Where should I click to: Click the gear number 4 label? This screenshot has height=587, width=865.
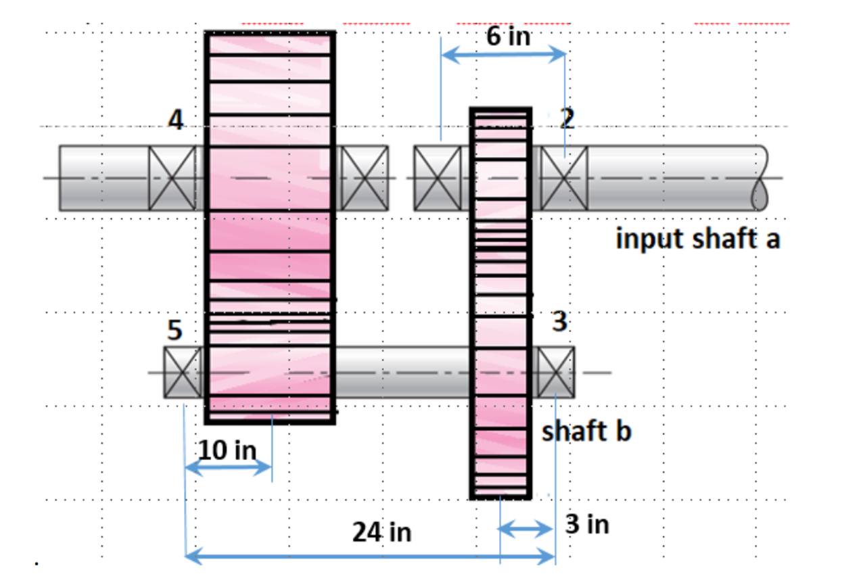tap(176, 121)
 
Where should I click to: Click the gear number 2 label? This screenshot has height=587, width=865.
tap(567, 119)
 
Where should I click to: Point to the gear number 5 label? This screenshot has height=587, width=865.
tap(175, 331)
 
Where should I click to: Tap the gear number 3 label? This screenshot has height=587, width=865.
tap(559, 322)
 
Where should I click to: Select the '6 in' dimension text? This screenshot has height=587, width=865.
tap(509, 36)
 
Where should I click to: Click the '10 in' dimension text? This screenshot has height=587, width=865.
tap(227, 449)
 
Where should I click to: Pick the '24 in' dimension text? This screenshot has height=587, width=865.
tap(381, 532)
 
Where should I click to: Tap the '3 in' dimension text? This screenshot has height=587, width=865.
tap(587, 524)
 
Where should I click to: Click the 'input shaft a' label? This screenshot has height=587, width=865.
tap(698, 239)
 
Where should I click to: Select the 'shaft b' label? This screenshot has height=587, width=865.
tap(587, 431)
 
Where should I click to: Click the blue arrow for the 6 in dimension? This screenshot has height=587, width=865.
tap(503, 55)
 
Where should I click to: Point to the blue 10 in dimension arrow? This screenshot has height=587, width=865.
tap(228, 468)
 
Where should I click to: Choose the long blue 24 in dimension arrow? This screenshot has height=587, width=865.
tap(370, 557)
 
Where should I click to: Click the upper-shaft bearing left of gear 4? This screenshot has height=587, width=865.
tap(172, 178)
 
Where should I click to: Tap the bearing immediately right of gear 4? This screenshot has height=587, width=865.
tap(365, 178)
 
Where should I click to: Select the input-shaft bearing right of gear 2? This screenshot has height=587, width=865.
tap(564, 178)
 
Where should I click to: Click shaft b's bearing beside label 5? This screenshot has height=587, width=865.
tap(183, 372)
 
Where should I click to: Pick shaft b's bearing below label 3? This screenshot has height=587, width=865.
tap(556, 372)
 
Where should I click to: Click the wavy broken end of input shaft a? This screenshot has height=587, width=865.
tap(761, 178)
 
